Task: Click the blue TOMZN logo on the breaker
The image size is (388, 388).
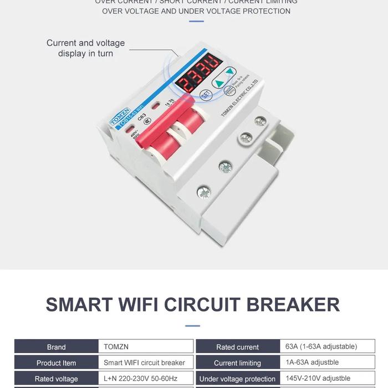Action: point(119,115)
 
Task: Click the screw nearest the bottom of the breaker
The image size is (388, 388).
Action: point(203,192)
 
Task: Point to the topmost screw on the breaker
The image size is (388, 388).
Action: point(261,121)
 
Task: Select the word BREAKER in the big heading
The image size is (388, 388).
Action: point(293,304)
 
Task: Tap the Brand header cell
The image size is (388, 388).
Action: point(56,347)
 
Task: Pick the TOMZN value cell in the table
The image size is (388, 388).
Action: point(146,347)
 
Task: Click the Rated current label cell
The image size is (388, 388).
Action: point(237,347)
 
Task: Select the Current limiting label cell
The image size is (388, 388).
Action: point(237,363)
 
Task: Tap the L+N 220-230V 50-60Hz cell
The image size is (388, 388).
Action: point(146,379)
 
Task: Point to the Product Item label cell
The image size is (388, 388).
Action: point(56,363)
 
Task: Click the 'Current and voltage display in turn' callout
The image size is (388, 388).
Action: point(85,48)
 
